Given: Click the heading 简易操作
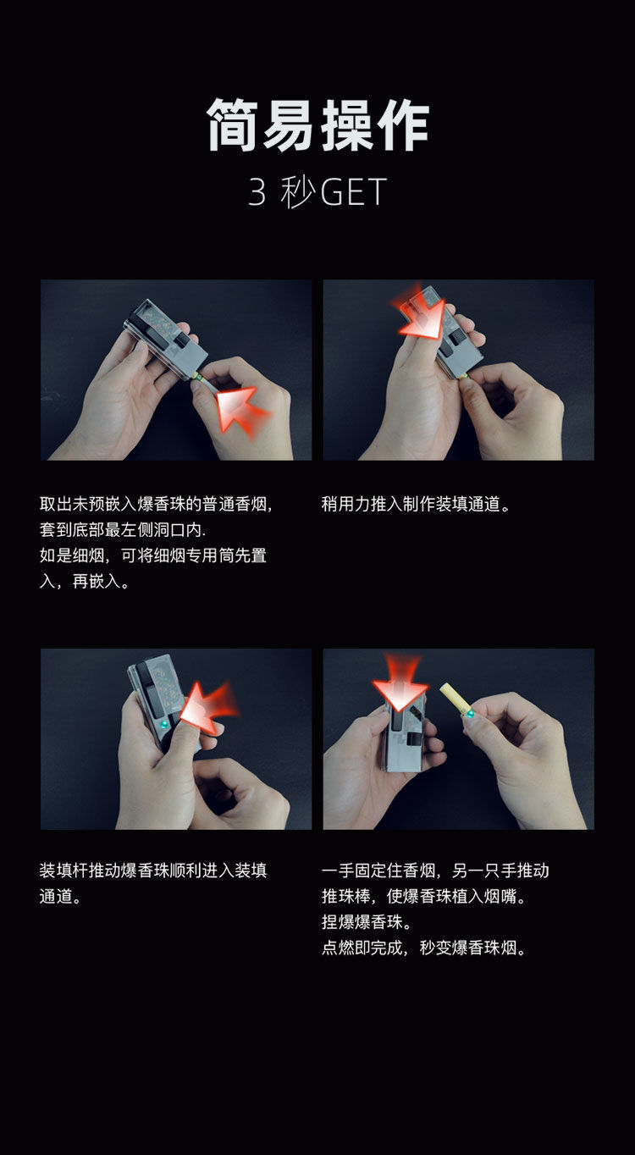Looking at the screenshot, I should [317, 125].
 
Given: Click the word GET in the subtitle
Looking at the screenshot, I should [354, 193].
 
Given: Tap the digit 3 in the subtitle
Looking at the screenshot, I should [257, 193].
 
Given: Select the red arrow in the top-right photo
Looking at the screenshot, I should [422, 316].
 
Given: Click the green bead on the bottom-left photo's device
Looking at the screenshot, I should [165, 726].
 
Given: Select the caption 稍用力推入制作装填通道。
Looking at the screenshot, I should [417, 506].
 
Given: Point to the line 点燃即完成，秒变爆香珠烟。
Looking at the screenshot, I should [425, 948].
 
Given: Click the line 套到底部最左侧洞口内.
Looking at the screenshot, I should [123, 531].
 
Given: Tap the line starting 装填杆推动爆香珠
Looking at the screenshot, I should [153, 870].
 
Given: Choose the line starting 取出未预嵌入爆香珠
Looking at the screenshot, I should [157, 506].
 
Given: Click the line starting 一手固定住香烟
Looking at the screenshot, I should [435, 870].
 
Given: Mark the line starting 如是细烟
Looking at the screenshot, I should [153, 556].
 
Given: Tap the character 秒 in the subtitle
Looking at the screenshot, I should [299, 193].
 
